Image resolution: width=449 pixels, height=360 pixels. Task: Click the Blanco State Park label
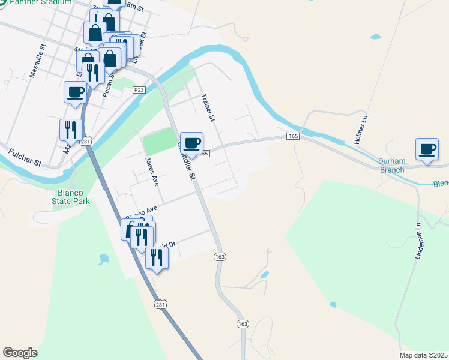74,197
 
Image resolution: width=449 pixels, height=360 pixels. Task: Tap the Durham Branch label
392,165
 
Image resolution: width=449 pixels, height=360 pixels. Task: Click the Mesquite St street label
37,61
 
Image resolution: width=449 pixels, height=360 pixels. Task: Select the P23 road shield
139,90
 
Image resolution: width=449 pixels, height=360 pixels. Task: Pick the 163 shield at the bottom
243,324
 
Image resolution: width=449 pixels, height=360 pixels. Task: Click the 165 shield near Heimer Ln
293,137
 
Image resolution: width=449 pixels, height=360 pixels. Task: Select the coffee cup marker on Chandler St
192,143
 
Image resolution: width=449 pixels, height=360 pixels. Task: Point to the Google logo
20,353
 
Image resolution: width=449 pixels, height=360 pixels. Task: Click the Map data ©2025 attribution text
424,355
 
